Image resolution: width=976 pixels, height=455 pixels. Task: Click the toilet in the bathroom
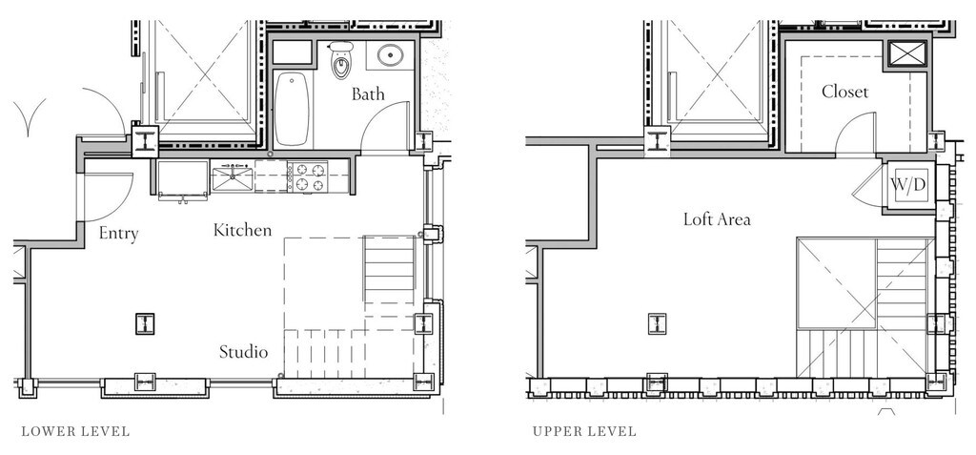point(340,60)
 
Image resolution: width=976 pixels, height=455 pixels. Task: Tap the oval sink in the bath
point(390,56)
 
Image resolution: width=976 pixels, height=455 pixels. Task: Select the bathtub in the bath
point(292,109)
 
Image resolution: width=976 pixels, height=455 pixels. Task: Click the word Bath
point(368,94)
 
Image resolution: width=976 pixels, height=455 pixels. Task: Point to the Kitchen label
point(243,230)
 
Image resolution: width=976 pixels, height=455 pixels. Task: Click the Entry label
point(118,234)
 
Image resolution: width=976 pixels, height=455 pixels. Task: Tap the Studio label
point(243,352)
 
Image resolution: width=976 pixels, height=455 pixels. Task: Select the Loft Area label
point(717,219)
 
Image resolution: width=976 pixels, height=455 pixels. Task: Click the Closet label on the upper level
point(844,92)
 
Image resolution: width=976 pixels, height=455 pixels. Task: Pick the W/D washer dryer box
point(908,185)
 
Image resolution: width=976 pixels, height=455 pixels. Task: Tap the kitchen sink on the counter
point(232,178)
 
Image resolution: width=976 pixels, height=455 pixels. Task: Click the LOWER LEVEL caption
point(75,431)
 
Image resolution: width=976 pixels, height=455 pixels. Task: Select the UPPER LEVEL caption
point(584,431)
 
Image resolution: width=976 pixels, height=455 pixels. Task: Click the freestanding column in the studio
point(145,324)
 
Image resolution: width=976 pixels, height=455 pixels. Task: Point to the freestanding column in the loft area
point(658,323)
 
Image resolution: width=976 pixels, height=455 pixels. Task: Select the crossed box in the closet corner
point(907,53)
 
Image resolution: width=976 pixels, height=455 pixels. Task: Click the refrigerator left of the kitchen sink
point(182,179)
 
